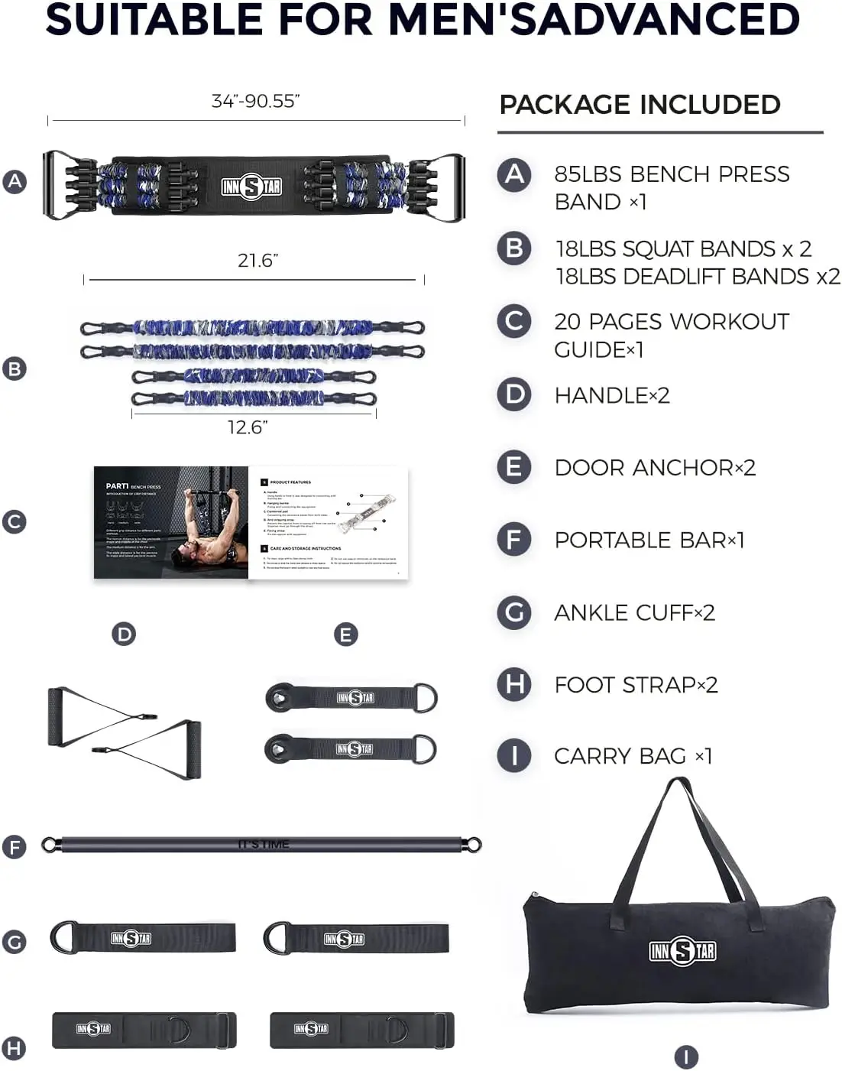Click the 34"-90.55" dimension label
click(255, 101)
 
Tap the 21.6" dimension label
click(257, 261)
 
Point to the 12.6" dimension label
click(248, 427)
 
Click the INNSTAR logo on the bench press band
click(251, 187)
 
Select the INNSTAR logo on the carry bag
click(682, 951)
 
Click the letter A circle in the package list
click(514, 174)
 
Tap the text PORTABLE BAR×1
click(649, 540)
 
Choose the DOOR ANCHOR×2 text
click(655, 467)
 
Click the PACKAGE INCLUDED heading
click(640, 105)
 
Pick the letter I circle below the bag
click(686, 1057)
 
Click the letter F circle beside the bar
click(15, 847)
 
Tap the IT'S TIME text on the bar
click(264, 845)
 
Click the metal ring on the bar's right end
click(474, 845)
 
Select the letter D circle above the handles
click(124, 634)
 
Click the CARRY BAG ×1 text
click(633, 756)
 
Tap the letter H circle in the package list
click(514, 684)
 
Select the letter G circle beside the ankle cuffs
click(15, 942)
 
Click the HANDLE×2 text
click(611, 395)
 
